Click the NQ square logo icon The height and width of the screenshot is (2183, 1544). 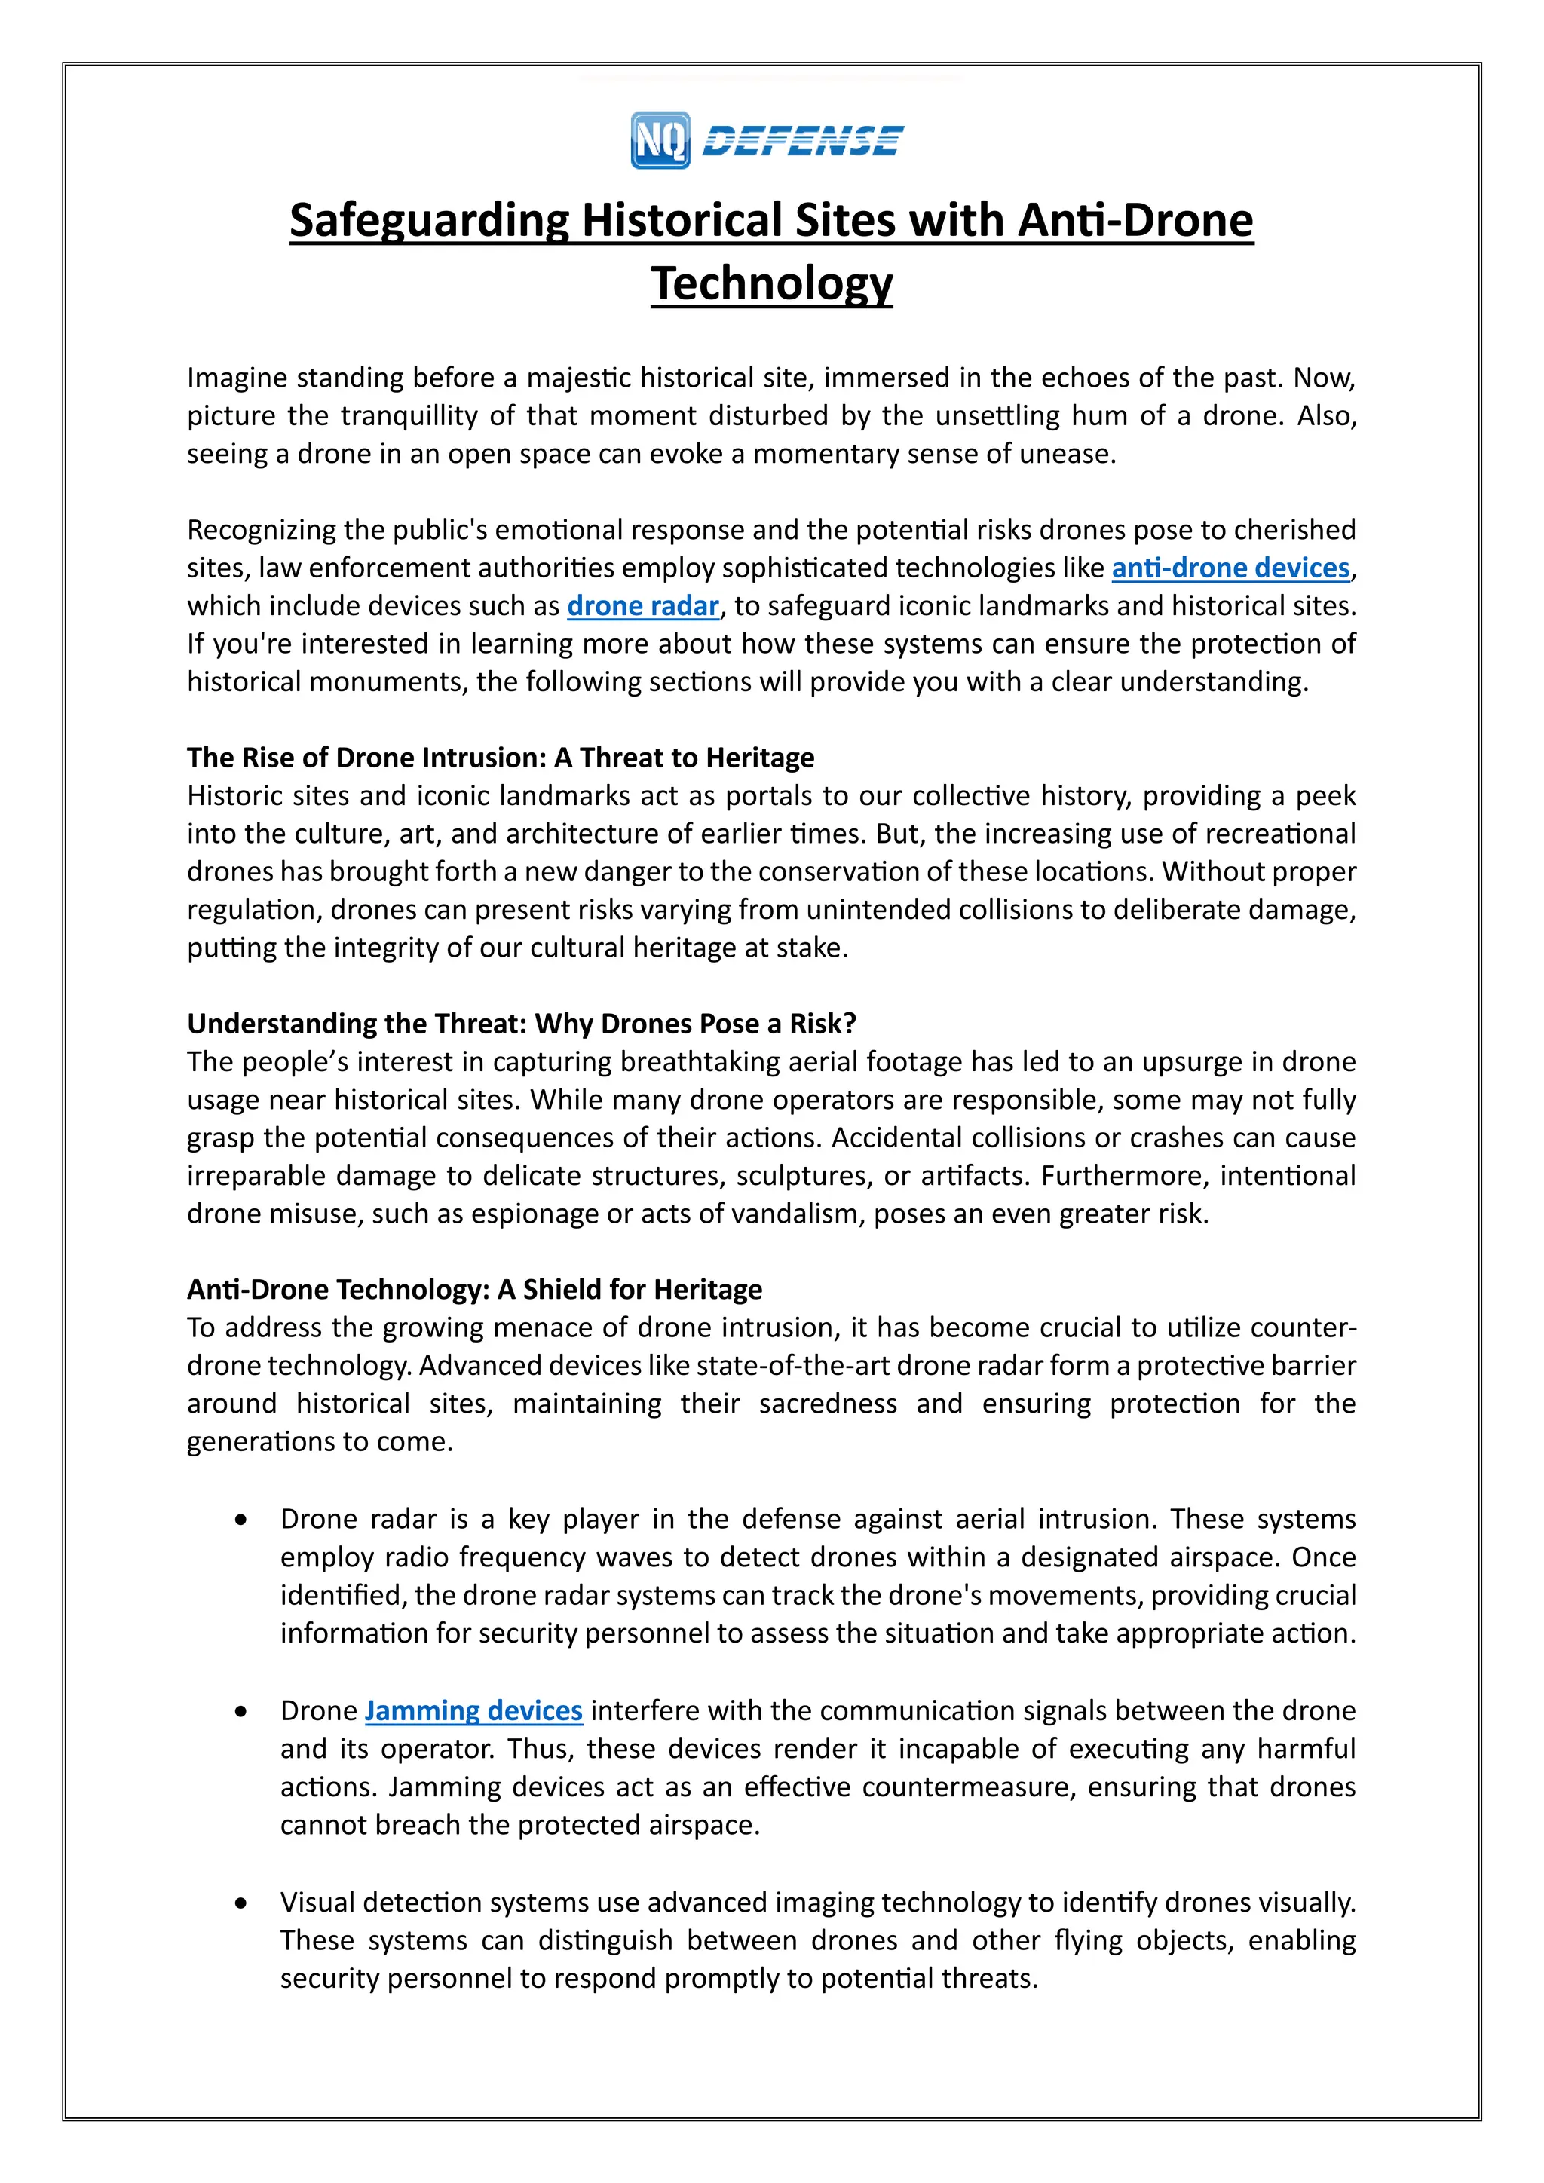click(660, 139)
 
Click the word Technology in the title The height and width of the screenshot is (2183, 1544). click(771, 283)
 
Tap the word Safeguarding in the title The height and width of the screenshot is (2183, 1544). click(429, 221)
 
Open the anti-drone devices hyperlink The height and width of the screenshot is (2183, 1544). click(1230, 568)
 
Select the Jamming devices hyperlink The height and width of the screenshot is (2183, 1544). click(473, 1710)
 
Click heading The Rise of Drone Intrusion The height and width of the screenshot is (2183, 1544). click(500, 758)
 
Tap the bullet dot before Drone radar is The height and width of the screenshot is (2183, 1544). click(241, 1520)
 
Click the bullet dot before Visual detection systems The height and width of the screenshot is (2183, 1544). click(241, 1903)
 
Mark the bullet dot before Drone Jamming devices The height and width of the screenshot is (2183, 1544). click(241, 1711)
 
